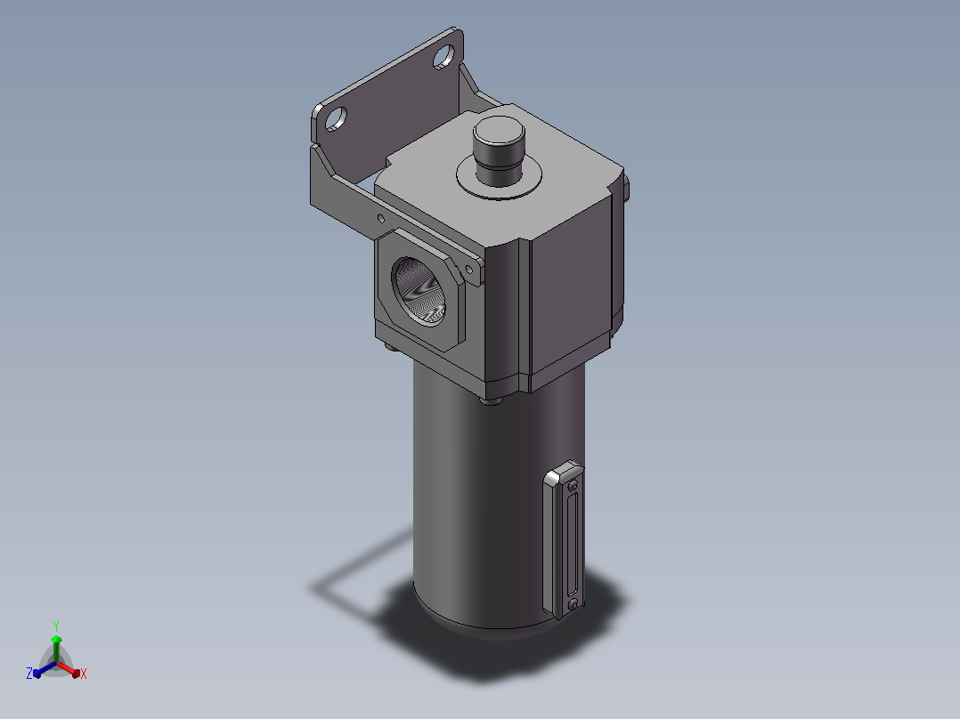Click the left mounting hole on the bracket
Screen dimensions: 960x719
pyautogui.click(x=336, y=118)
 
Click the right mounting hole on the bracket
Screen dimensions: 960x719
pyautogui.click(x=443, y=57)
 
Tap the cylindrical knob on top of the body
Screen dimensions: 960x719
pyautogui.click(x=499, y=150)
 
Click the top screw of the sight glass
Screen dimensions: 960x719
pyautogui.click(x=574, y=486)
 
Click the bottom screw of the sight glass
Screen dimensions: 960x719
pyautogui.click(x=574, y=604)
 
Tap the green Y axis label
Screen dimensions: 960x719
pyautogui.click(x=56, y=626)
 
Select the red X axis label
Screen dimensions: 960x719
pyautogui.click(x=84, y=674)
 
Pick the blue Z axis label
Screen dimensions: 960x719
pyautogui.click(x=29, y=673)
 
